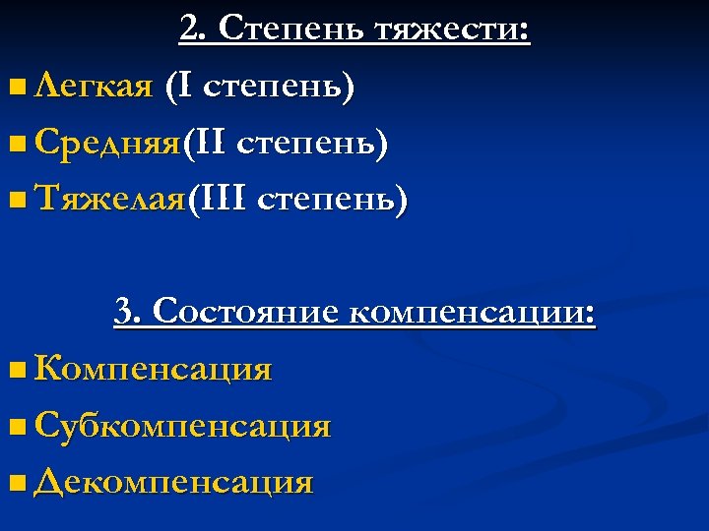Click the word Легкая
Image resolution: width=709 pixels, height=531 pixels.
tap(93, 88)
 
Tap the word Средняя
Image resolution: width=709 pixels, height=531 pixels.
tap(106, 145)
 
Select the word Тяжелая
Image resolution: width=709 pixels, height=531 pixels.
tap(108, 201)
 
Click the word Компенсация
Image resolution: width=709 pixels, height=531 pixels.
tap(153, 370)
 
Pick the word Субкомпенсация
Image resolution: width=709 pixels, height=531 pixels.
tap(182, 426)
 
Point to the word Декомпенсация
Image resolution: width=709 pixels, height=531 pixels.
tap(173, 482)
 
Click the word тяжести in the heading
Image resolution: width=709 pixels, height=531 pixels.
tap(452, 30)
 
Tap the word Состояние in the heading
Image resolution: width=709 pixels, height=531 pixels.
tap(246, 313)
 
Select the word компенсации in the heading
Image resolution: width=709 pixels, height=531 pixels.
tap(473, 314)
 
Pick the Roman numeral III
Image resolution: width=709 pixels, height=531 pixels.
tap(223, 200)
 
